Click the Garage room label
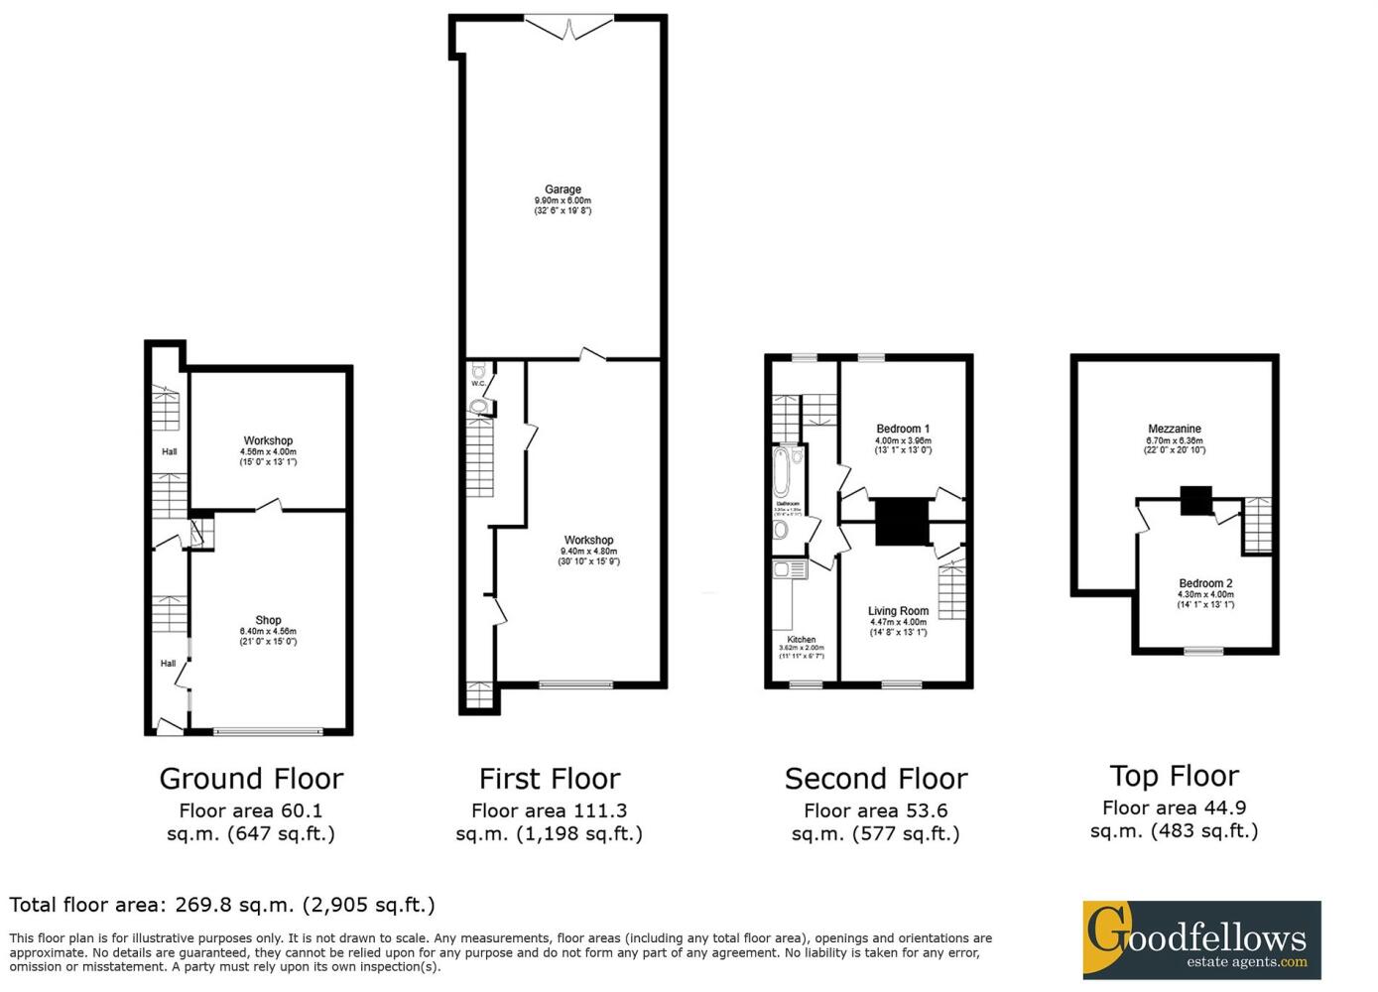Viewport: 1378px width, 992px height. click(x=563, y=189)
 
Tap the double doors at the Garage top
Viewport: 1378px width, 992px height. click(x=569, y=28)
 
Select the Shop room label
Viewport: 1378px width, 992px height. click(x=268, y=621)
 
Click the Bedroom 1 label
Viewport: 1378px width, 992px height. click(x=902, y=430)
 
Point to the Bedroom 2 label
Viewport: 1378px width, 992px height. click(x=1205, y=583)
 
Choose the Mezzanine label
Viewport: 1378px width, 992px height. click(x=1175, y=430)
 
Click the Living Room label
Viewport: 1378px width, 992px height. click(x=898, y=611)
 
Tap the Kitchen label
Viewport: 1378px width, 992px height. click(x=802, y=640)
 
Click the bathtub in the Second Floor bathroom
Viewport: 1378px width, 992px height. click(x=782, y=473)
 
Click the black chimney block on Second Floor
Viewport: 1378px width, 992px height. click(x=901, y=522)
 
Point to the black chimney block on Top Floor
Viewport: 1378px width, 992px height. click(x=1196, y=500)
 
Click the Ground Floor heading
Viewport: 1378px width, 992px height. click(x=251, y=779)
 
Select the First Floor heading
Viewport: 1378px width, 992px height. click(x=550, y=779)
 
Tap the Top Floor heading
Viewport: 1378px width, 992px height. click(x=1175, y=776)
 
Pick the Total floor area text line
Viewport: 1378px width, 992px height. click(x=222, y=905)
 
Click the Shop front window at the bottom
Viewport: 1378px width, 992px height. click(x=268, y=732)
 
